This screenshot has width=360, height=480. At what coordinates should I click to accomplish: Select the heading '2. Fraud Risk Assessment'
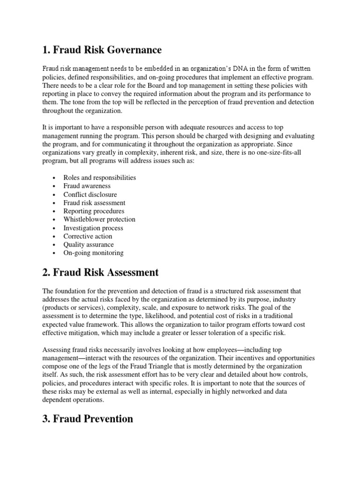[101, 272]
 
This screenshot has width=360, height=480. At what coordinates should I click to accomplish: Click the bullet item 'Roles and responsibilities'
[100, 178]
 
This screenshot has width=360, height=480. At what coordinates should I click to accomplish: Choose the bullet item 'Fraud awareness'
[87, 186]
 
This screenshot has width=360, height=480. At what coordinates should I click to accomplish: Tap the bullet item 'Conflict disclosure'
[90, 195]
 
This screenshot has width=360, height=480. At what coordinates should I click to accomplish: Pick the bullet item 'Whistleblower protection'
[99, 219]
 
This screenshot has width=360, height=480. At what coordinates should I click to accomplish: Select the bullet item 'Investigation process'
[93, 228]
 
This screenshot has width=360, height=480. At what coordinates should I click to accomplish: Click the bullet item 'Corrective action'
[88, 236]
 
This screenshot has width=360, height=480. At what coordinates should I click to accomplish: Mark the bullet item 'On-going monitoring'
[94, 253]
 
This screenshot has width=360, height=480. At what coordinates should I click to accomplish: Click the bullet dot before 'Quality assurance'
[55, 245]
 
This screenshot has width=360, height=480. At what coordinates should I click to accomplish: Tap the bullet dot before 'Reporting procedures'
[55, 211]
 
